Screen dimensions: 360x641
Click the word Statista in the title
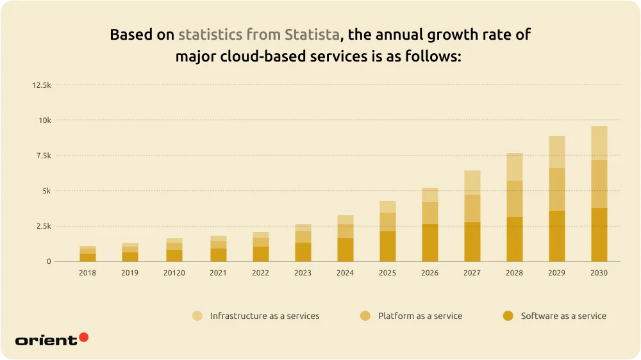coord(313,35)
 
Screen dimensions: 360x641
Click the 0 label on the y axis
coord(48,261)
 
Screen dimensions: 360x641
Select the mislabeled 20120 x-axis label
coord(173,273)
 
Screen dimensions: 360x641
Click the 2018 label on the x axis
coord(88,273)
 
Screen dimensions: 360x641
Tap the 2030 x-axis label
coord(599,273)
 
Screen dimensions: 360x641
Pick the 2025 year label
coord(387,273)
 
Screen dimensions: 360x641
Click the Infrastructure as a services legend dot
coord(197,316)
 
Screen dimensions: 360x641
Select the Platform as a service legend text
coord(420,316)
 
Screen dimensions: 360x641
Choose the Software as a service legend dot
coord(508,316)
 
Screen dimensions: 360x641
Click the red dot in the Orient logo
coord(83,337)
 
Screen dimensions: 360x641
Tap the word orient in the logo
coord(46,340)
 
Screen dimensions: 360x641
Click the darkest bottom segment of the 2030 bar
coord(599,234)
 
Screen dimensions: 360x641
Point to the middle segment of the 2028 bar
coord(515,199)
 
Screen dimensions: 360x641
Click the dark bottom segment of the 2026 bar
coord(429,243)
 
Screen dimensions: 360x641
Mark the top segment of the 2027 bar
coord(472,182)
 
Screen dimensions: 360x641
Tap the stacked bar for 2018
coord(88,254)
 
